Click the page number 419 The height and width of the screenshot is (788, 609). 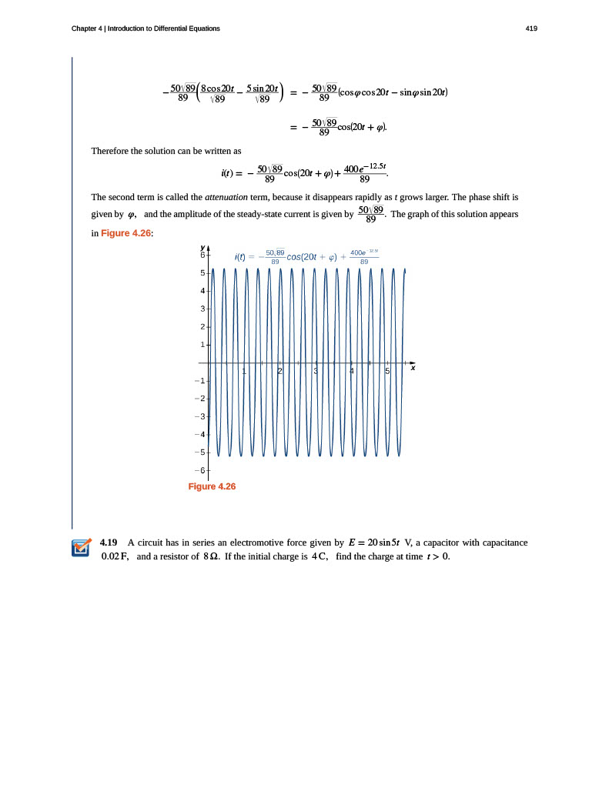pyautogui.click(x=531, y=28)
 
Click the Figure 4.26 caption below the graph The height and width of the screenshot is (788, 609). pyautogui.click(x=212, y=486)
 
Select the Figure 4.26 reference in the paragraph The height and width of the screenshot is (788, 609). pyautogui.click(x=127, y=233)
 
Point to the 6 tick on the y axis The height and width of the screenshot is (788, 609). pyautogui.click(x=203, y=255)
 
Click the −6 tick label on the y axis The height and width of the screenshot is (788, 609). pyautogui.click(x=202, y=469)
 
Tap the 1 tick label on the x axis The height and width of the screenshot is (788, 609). pyautogui.click(x=244, y=372)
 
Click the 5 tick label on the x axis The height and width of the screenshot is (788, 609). pyautogui.click(x=387, y=372)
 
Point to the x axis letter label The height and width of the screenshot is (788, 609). pyautogui.click(x=413, y=368)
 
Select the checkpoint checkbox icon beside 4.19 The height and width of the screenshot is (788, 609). pyautogui.click(x=81, y=549)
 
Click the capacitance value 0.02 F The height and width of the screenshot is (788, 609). pyautogui.click(x=115, y=556)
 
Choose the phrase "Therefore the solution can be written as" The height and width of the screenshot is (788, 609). pyautogui.click(x=166, y=150)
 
